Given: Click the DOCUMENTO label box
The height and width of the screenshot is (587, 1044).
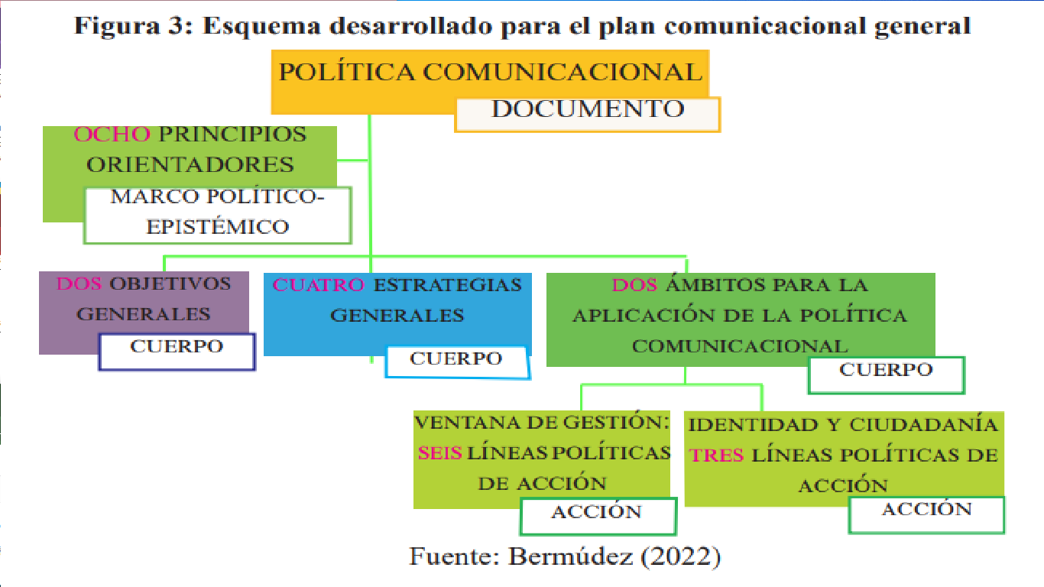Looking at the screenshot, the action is click(x=587, y=114).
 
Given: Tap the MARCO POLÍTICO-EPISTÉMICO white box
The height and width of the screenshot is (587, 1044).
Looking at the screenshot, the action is click(x=217, y=215).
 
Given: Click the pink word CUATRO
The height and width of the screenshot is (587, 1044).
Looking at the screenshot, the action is click(x=319, y=285).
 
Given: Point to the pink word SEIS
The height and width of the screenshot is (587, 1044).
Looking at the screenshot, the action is click(x=439, y=452).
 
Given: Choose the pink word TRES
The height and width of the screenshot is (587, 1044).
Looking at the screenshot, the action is click(x=716, y=455).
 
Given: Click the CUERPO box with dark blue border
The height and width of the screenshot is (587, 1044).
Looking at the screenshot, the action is click(x=177, y=352).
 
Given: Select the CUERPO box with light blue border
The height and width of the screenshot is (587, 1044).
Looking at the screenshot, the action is click(x=456, y=361).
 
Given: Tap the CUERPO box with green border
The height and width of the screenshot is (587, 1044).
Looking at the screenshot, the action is click(x=886, y=375).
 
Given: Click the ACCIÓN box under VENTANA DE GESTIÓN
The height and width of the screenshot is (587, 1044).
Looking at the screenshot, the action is click(x=597, y=516).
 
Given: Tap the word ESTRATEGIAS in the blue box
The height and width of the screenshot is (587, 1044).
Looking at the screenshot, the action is click(x=448, y=285).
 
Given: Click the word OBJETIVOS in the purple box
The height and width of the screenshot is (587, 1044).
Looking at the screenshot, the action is click(x=170, y=284).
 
